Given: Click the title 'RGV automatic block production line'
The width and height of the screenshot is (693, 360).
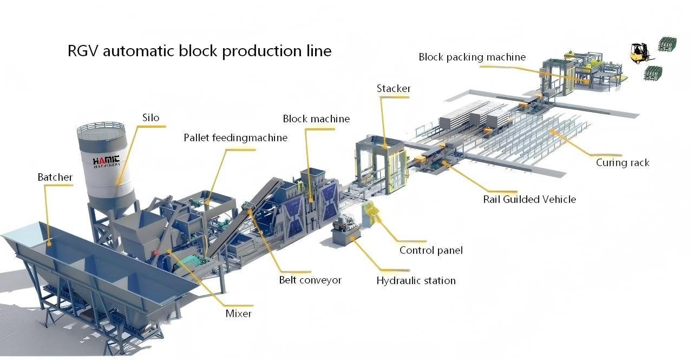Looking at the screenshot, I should pyautogui.click(x=199, y=51).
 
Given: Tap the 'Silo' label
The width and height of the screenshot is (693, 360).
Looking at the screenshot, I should pyautogui.click(x=151, y=117).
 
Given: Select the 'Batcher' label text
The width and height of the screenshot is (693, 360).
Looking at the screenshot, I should pyautogui.click(x=55, y=177).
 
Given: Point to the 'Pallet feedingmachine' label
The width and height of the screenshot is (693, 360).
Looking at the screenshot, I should pyautogui.click(x=235, y=138).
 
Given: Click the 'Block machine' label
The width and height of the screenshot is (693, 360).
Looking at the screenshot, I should pyautogui.click(x=316, y=119).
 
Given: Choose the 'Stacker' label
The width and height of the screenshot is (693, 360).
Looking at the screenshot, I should pyautogui.click(x=394, y=88).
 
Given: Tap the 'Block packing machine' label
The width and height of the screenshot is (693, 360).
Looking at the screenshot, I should pyautogui.click(x=472, y=57).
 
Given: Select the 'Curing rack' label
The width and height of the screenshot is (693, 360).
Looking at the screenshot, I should pyautogui.click(x=622, y=162).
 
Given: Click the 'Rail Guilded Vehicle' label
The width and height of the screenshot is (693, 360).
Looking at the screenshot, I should pyautogui.click(x=529, y=199).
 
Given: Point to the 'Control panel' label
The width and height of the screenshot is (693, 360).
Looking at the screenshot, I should pyautogui.click(x=431, y=250).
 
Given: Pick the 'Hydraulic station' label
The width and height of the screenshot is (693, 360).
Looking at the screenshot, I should pyautogui.click(x=416, y=280).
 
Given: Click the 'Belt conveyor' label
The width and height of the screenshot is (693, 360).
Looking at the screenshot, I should pyautogui.click(x=310, y=280).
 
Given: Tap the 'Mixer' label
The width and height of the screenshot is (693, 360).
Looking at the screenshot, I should pyautogui.click(x=238, y=313).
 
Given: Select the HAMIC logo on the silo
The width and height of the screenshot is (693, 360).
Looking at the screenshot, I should pyautogui.click(x=106, y=162).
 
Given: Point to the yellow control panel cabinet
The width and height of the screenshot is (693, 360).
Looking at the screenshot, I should pyautogui.click(x=372, y=213).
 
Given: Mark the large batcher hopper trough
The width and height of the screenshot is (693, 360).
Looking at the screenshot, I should pyautogui.click(x=92, y=271).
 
